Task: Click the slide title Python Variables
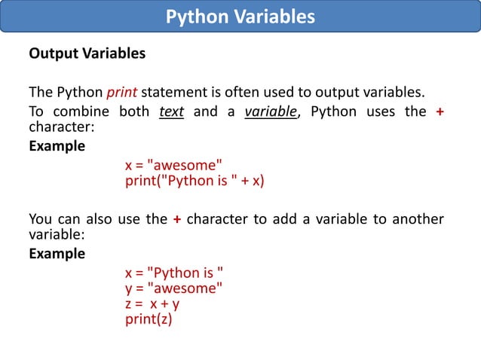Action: (x=240, y=17)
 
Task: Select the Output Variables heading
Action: (x=87, y=54)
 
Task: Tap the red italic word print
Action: (x=121, y=93)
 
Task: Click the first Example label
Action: (x=57, y=146)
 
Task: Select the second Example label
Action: (x=57, y=254)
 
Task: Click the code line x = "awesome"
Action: (x=173, y=165)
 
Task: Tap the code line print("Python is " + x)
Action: (x=195, y=181)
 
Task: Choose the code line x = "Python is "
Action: (x=174, y=273)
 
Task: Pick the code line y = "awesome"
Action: (x=173, y=288)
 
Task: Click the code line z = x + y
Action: (x=152, y=304)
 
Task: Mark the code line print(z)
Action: (x=149, y=319)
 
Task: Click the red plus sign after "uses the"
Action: (x=440, y=112)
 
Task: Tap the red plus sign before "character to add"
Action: (x=176, y=219)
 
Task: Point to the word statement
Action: (x=171, y=93)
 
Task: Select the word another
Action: (x=416, y=219)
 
